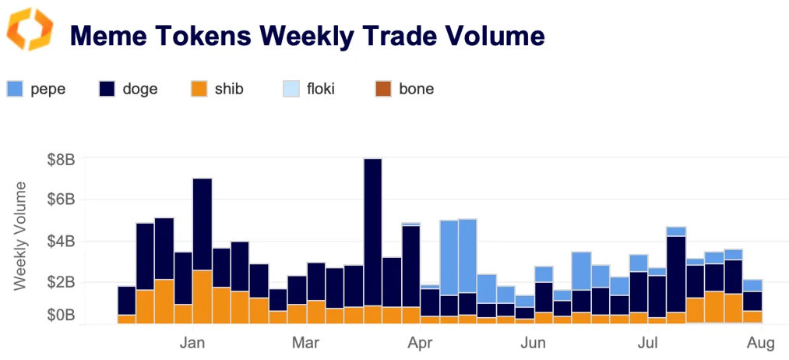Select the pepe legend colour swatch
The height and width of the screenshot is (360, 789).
(x=15, y=89)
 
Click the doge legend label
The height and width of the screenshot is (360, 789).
(x=140, y=89)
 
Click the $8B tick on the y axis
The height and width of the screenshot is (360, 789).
(x=58, y=160)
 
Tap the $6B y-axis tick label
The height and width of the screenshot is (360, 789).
(x=58, y=200)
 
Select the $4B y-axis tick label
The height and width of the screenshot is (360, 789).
(x=58, y=242)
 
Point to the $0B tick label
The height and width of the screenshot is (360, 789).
(x=58, y=316)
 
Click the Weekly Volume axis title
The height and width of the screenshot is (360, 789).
(x=20, y=235)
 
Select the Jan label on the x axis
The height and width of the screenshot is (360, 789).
(x=192, y=342)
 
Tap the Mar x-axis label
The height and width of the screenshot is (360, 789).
(x=306, y=342)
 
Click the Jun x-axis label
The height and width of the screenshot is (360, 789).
(x=533, y=342)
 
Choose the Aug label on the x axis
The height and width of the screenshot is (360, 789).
(x=760, y=342)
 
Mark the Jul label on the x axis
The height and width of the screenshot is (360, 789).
(x=647, y=342)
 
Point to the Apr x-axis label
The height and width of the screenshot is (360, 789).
(x=421, y=342)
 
